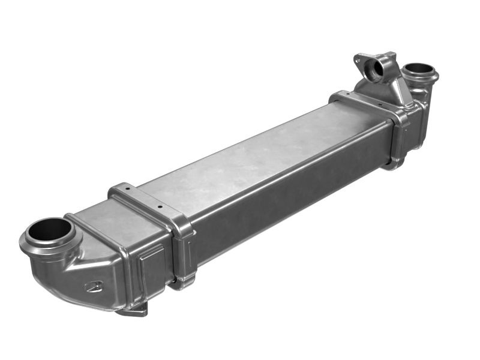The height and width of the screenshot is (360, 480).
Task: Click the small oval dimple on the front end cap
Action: coord(94,286)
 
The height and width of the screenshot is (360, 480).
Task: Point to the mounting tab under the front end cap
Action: coord(133,310)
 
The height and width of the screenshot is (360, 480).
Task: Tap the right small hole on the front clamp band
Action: coord(160,206)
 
